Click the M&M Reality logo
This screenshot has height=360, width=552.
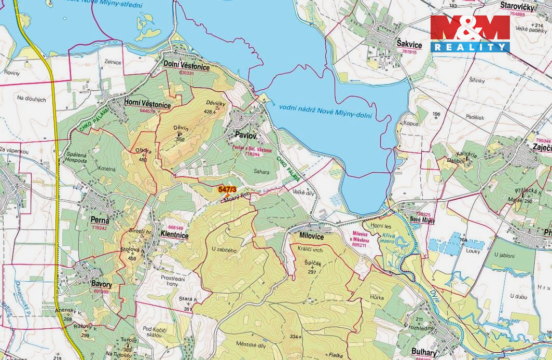coord(470,33)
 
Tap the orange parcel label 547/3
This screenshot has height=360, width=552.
coord(227,189)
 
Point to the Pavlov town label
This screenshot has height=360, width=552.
coord(246,135)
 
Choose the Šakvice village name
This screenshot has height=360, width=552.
coord(409,45)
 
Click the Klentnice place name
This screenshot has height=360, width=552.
coord(174,235)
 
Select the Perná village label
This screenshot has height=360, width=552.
coord(99,220)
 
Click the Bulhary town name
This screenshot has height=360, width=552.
coord(424,352)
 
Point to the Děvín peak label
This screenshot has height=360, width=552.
coord(181,128)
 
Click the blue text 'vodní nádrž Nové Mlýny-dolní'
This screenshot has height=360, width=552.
coord(325,111)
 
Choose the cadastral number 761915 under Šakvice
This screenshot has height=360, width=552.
coord(409,52)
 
